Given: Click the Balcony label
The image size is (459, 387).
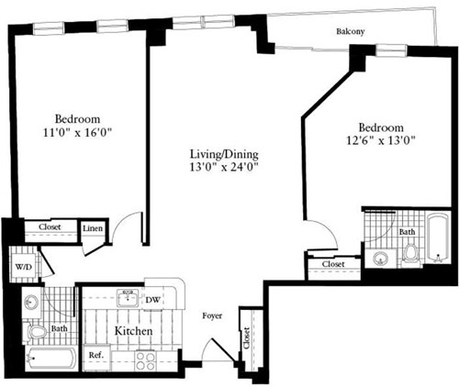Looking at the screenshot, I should pyautogui.click(x=349, y=31).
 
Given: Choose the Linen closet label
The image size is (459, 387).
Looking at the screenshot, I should pyautogui.click(x=93, y=229).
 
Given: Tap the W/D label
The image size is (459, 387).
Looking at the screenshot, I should pyautogui.click(x=22, y=268).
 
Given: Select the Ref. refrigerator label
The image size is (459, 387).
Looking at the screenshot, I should pyautogui.click(x=95, y=354).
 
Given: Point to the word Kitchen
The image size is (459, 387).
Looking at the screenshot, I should pyautogui.click(x=132, y=329).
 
